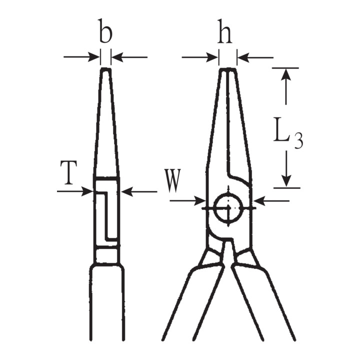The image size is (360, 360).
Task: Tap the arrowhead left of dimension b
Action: [x=94, y=57]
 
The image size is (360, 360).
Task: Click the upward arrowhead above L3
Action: [x=286, y=73]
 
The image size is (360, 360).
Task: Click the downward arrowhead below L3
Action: [x=286, y=181]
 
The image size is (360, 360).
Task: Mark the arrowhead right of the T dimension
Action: [x=126, y=191]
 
